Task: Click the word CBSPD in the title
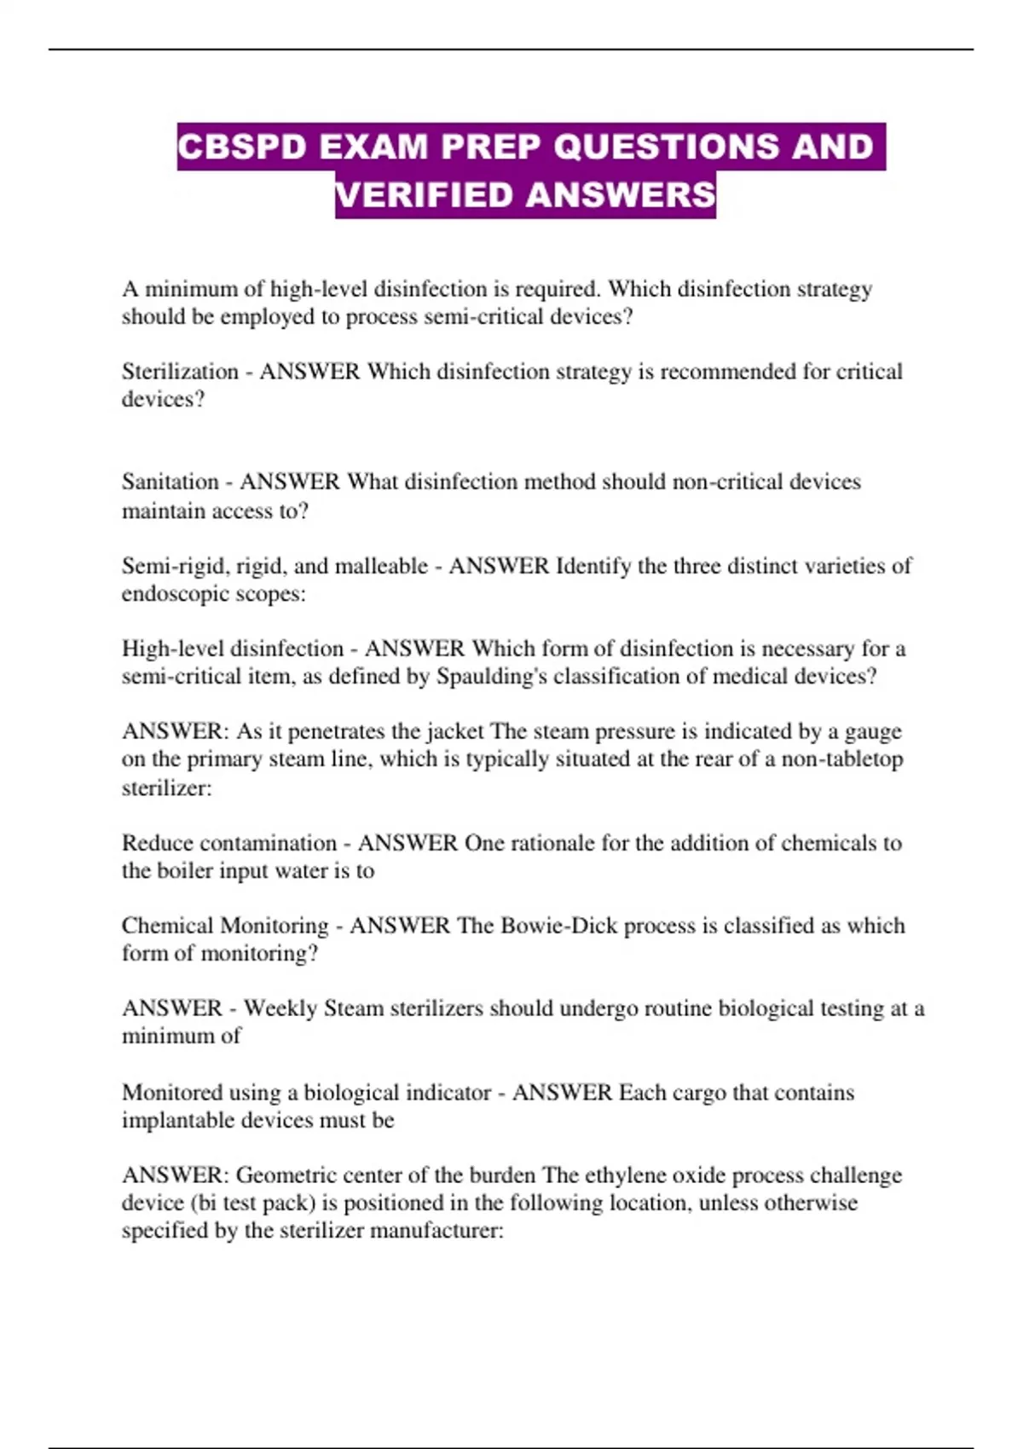click(241, 147)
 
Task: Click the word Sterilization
click(180, 372)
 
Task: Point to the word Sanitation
click(170, 482)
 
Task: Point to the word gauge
click(873, 731)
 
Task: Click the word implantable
click(178, 1120)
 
